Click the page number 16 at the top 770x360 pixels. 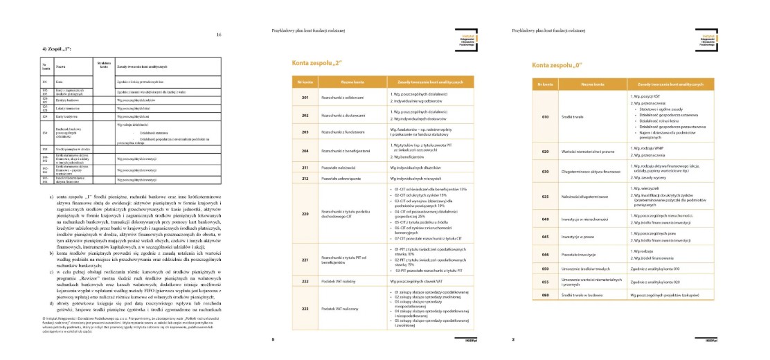coord(219,35)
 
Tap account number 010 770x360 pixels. coord(545,116)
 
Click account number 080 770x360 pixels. coord(545,295)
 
